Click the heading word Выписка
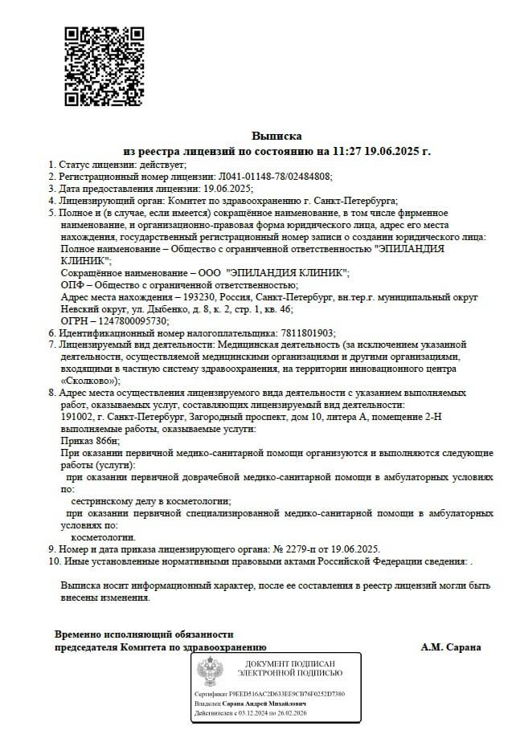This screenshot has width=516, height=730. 276,137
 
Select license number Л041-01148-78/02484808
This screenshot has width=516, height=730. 274,176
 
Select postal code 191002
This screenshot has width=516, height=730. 80,417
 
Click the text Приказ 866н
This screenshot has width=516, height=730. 90,441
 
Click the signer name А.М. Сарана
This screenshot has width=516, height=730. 451,647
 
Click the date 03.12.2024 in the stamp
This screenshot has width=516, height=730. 256,712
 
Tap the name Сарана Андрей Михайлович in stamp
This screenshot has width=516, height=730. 264,703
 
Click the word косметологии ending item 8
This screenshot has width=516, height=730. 104,536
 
